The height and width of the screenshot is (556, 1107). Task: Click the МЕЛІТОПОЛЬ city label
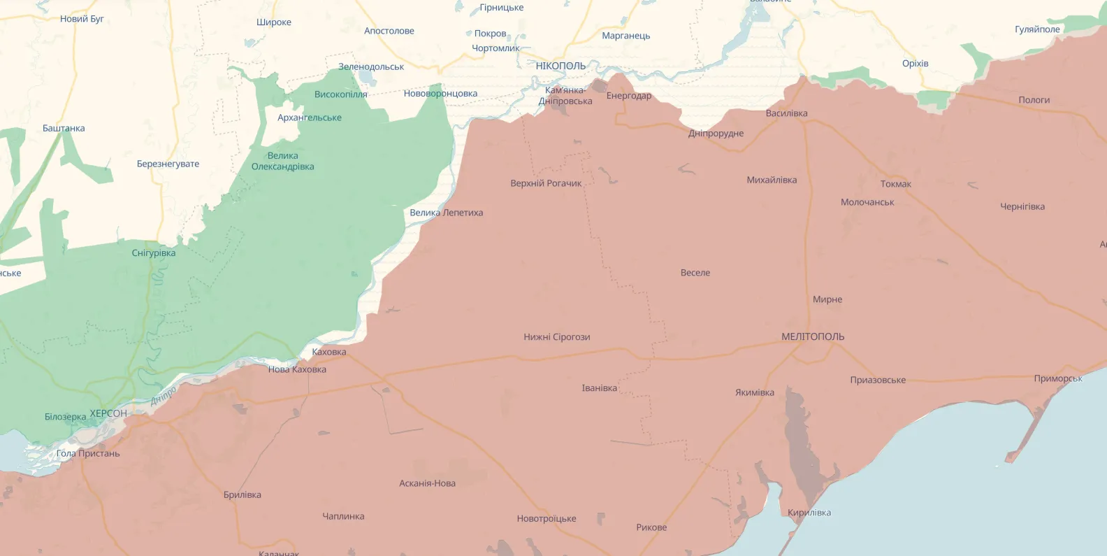coord(812,336)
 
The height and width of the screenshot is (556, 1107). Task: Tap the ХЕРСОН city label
coord(108,413)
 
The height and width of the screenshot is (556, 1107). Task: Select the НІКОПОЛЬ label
coord(560,66)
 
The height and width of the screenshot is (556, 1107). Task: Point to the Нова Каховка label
coord(297,369)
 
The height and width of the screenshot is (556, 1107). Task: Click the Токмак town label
coord(895,184)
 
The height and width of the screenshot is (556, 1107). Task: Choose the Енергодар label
coord(628,96)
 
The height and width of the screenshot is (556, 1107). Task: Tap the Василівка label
coord(786,113)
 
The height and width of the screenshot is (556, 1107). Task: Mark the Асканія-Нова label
coord(427,483)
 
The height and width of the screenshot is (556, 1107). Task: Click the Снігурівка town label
coord(154,252)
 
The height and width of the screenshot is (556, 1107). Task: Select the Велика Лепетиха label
coord(446,213)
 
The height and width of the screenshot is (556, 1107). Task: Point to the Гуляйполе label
coord(1037,29)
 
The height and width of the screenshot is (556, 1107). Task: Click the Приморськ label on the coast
coord(1058,378)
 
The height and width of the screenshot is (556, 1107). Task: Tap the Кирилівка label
coord(809,513)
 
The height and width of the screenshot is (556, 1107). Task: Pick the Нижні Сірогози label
coord(556,337)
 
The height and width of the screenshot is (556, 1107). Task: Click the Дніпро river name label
coord(164,396)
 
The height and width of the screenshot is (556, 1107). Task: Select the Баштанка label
coord(64,128)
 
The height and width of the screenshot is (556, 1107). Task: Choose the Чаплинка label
coord(343,516)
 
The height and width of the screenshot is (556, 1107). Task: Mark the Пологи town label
coord(1034,100)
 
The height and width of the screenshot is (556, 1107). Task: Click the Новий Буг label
coord(82,19)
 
